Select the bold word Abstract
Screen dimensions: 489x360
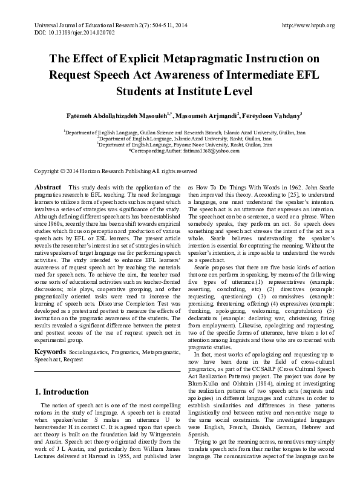point(48,188)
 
